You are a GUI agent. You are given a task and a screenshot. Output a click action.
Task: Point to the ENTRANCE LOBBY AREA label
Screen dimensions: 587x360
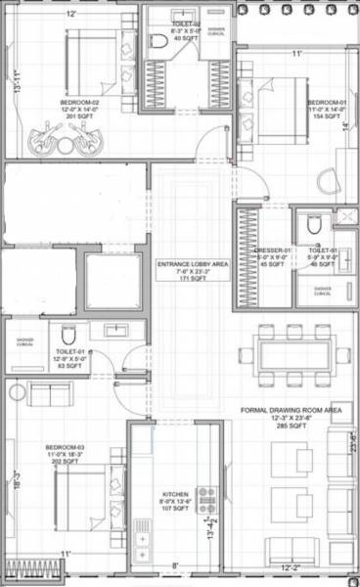pyautogui.click(x=193, y=264)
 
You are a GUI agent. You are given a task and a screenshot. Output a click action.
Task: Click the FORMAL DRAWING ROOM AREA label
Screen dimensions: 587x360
pyautogui.click(x=291, y=411)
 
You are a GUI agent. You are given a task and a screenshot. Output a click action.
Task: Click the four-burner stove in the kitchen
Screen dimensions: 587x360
pyautogui.click(x=206, y=500)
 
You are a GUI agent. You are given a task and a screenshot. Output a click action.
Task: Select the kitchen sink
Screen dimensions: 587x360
pyautogui.click(x=143, y=534)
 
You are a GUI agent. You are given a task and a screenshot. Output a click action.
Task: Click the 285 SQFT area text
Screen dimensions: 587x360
pyautogui.click(x=291, y=428)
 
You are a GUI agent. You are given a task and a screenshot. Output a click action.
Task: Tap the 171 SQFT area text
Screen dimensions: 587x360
pyautogui.click(x=193, y=280)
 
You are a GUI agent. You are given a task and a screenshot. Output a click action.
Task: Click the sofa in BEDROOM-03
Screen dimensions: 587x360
pyautogui.click(x=49, y=393)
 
